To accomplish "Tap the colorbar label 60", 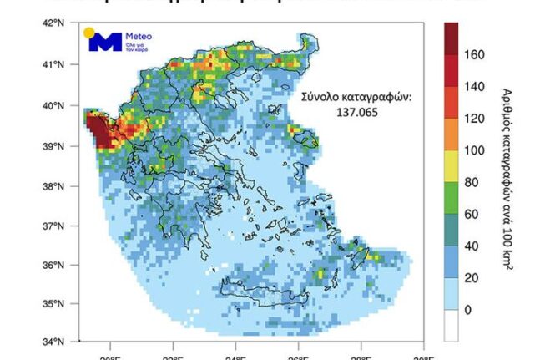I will (x=475, y=214).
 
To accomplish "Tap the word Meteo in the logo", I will (x=139, y=37).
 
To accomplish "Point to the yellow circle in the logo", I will (x=88, y=33).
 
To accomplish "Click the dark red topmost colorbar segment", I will (x=451, y=38).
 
